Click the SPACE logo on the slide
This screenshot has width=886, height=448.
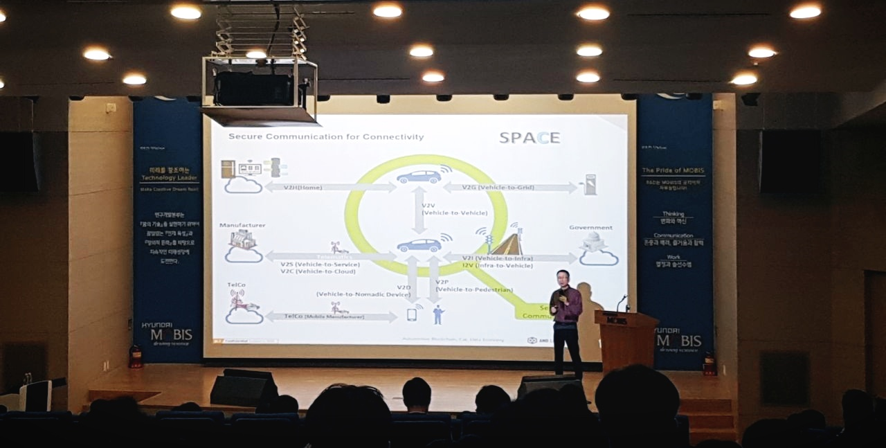click(530, 137)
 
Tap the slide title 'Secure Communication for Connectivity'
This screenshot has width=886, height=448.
click(326, 137)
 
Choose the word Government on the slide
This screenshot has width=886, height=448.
click(590, 227)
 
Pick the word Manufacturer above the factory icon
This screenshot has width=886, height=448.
click(242, 225)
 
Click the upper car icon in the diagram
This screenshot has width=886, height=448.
click(419, 177)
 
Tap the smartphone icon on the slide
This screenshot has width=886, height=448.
click(411, 315)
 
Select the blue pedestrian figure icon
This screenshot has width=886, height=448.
click(437, 314)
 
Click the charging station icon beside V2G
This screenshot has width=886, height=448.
click(590, 184)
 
